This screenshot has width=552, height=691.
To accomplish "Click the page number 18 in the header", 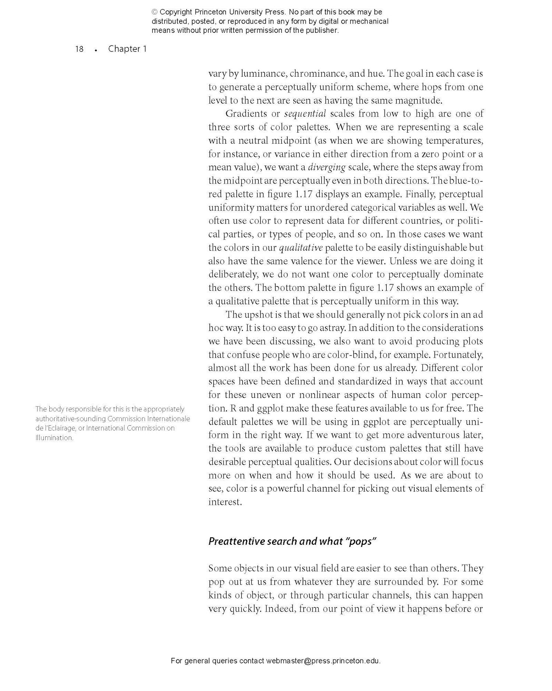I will (79, 49).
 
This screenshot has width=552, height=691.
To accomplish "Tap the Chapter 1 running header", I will (127, 49).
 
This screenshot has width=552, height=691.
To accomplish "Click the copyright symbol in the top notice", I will (155, 12).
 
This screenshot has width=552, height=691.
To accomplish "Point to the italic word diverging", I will (326, 167).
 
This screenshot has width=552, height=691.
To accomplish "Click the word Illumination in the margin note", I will (54, 438).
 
